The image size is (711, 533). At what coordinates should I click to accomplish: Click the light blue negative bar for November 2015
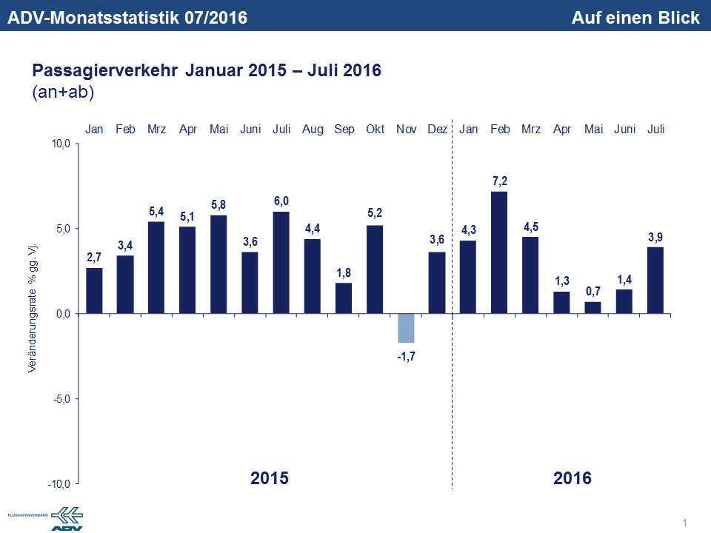(x=406, y=328)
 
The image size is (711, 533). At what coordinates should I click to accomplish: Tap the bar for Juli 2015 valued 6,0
(x=281, y=263)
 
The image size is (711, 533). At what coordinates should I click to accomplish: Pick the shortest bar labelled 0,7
(x=593, y=308)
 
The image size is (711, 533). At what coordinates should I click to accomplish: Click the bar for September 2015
(x=344, y=298)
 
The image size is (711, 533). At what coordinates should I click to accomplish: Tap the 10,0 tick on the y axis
(x=59, y=144)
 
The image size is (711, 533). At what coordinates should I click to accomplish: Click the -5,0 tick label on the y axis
(x=59, y=399)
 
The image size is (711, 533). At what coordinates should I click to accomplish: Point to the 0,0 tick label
(x=61, y=314)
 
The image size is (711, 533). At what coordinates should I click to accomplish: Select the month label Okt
(x=375, y=130)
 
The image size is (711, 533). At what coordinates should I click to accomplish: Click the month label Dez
(x=437, y=130)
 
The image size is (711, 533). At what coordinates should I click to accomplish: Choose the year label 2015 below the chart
(x=270, y=477)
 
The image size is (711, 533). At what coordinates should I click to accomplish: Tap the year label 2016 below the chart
(x=573, y=477)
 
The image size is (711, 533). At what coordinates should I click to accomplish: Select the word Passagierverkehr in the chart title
(x=105, y=72)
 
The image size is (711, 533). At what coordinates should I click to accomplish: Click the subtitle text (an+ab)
(x=63, y=93)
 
